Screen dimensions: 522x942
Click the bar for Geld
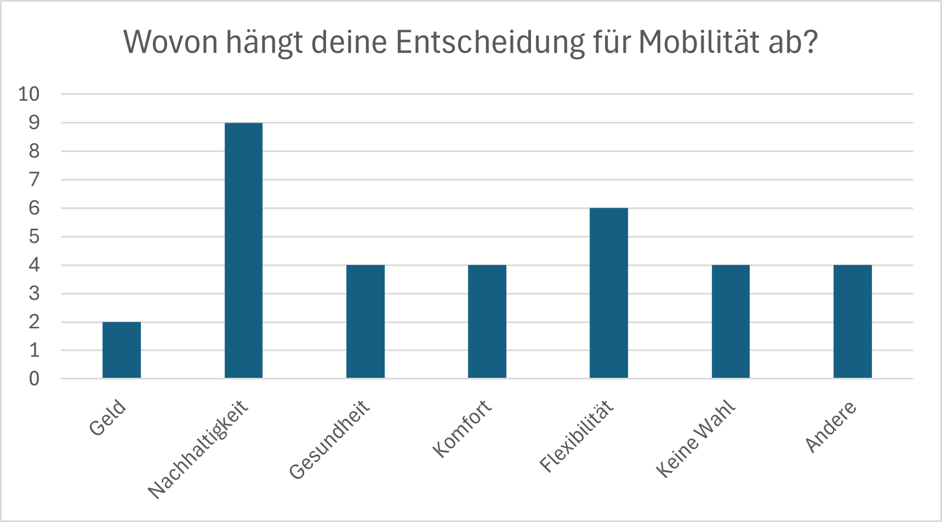point(122,350)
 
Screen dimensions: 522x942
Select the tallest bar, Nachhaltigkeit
point(243,251)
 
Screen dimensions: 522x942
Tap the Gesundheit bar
point(366,322)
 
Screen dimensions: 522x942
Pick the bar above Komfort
point(487,322)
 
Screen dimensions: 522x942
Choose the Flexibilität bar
point(609,293)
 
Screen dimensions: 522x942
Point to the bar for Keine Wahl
point(730,322)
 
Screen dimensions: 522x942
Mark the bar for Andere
point(853,322)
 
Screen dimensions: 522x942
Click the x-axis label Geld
point(108,418)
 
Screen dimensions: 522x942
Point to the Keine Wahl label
point(696,439)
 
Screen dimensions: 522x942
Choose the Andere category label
point(831,426)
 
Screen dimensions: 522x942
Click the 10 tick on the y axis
point(29,94)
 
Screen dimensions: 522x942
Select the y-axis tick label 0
point(35,378)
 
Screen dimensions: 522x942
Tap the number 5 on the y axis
point(35,236)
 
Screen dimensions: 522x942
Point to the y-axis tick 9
point(35,122)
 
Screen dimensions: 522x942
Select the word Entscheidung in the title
point(490,43)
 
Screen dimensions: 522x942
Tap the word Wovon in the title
point(171,42)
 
